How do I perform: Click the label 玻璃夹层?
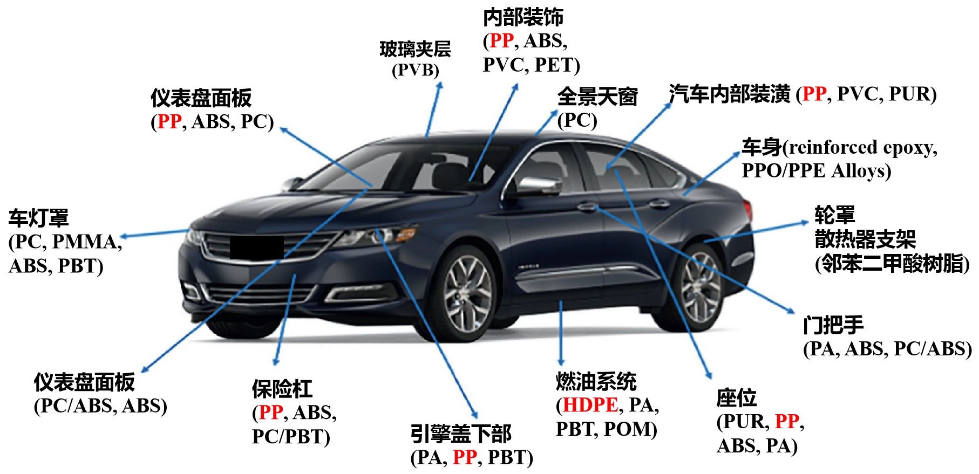(x=415, y=50)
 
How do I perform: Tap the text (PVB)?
(x=415, y=71)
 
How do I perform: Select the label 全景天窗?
(x=597, y=97)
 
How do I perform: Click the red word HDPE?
(x=590, y=405)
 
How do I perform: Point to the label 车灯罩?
(x=39, y=218)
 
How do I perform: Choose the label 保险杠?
(x=282, y=389)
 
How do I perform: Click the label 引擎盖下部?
(x=461, y=434)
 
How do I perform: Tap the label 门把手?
(x=833, y=325)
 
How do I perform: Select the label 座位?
(x=737, y=398)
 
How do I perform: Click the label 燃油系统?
(x=596, y=382)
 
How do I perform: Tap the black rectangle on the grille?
(x=257, y=248)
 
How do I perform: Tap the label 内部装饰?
(x=523, y=17)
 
